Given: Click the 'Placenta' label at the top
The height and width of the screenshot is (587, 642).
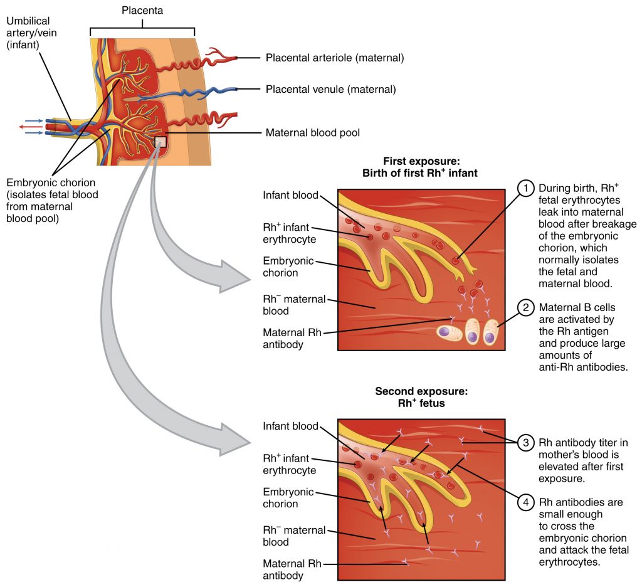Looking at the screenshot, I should pyautogui.click(x=142, y=10).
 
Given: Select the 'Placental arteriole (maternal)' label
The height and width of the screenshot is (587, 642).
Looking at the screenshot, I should pyautogui.click(x=334, y=58).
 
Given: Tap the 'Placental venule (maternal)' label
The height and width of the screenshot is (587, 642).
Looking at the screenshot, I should pyautogui.click(x=330, y=90).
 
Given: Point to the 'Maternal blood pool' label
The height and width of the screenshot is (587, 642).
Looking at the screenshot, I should pyautogui.click(x=312, y=133).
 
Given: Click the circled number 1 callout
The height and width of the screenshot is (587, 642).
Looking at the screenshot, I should pyautogui.click(x=525, y=188).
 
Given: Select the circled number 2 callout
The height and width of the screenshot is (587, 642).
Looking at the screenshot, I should pyautogui.click(x=525, y=307).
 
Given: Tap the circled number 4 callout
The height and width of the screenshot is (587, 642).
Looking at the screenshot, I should pyautogui.click(x=525, y=502).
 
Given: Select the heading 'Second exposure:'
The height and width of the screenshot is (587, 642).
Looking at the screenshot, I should pyautogui.click(x=421, y=391).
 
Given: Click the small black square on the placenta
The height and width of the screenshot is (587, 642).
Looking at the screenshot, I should pyautogui.click(x=161, y=141).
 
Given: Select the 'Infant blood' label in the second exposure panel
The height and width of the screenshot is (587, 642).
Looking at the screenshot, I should pyautogui.click(x=291, y=426).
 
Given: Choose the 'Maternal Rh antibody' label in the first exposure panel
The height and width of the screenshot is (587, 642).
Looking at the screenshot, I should pyautogui.click(x=292, y=338).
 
